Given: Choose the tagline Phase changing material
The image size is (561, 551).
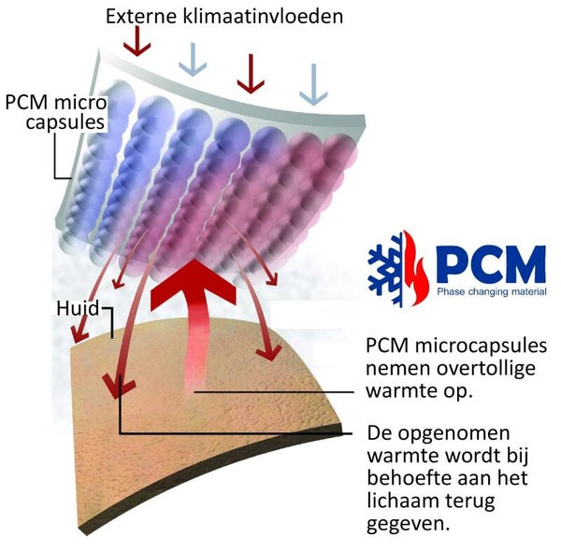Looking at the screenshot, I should point(491,292).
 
